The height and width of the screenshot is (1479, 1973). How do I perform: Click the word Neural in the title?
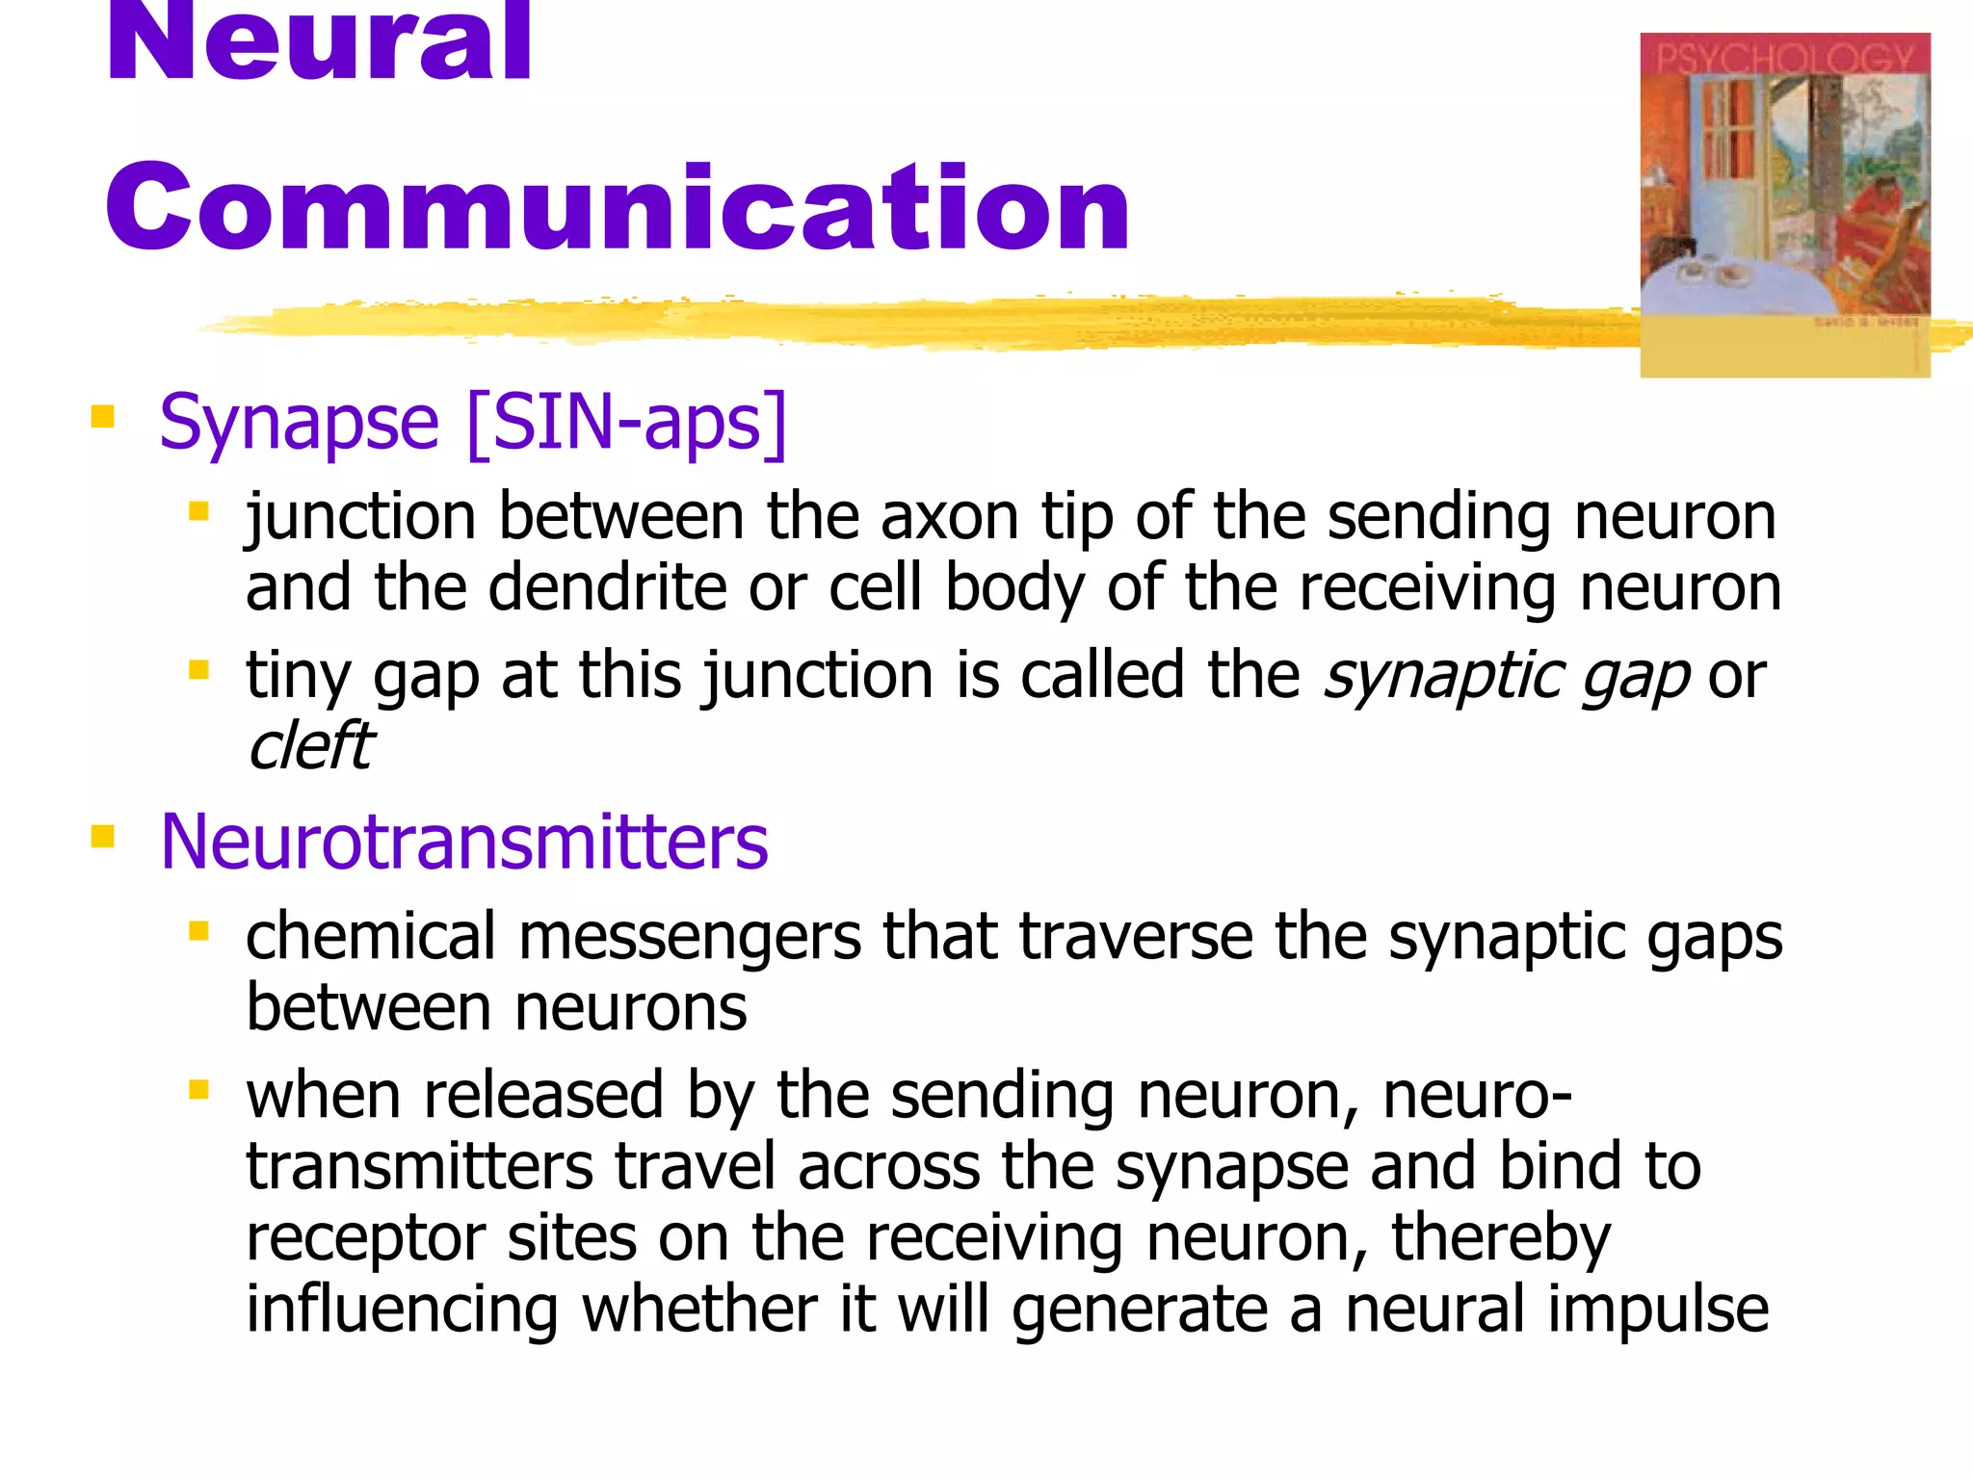coord(318,43)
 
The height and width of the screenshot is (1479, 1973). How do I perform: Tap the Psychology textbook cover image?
coord(1784,204)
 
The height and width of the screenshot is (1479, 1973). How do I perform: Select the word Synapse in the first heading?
coord(299,424)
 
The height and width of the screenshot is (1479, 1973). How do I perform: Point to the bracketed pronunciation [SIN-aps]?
coord(626,424)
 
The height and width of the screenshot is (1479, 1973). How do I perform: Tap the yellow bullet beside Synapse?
coord(102,417)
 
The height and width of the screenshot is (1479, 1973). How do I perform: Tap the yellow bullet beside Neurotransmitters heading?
coord(102,836)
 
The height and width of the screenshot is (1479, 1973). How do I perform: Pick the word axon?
coord(949,517)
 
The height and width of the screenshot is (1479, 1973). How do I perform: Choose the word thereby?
coord(1500,1237)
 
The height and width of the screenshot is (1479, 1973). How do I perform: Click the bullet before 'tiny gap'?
coord(199,669)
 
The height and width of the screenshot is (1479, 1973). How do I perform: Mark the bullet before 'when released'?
coord(199,1090)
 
